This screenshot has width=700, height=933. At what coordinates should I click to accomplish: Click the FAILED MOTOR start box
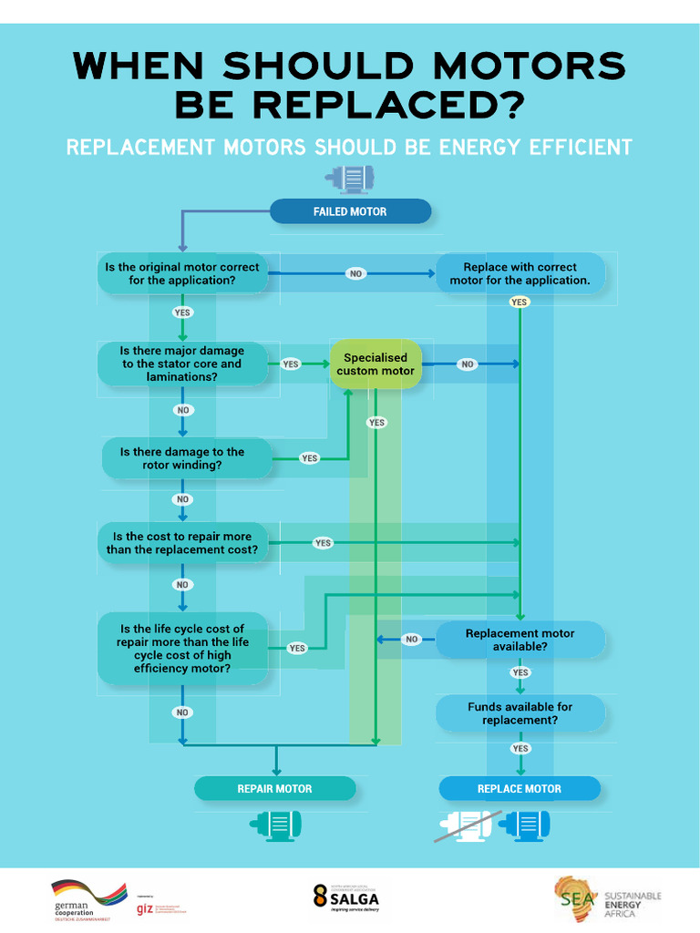pos(350,211)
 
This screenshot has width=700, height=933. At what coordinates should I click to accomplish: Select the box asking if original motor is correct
pos(182,274)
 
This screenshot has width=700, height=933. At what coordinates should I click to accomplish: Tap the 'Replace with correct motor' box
pos(520,274)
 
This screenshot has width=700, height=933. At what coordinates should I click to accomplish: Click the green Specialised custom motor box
pos(376,364)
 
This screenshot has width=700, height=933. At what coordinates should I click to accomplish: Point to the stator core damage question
pos(182,364)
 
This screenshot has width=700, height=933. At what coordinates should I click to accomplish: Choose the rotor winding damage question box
pos(187,458)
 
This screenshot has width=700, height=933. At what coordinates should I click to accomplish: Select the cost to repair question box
pos(182,543)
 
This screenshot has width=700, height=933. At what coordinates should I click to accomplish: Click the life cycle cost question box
pos(182,649)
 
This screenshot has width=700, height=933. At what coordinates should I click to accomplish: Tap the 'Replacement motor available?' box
pos(520,640)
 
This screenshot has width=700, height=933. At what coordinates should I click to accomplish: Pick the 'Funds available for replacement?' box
pos(520,713)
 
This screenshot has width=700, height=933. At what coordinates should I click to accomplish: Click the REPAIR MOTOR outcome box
pos(274,789)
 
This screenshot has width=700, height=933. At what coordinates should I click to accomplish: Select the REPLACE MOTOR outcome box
pos(520,789)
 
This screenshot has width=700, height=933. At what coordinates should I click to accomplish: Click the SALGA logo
pos(345,897)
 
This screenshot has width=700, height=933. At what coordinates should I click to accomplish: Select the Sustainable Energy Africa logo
pos(608,899)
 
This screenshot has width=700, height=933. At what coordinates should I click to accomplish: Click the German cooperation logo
pos(87,899)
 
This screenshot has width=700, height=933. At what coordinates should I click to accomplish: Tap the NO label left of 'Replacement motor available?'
pos(412,640)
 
